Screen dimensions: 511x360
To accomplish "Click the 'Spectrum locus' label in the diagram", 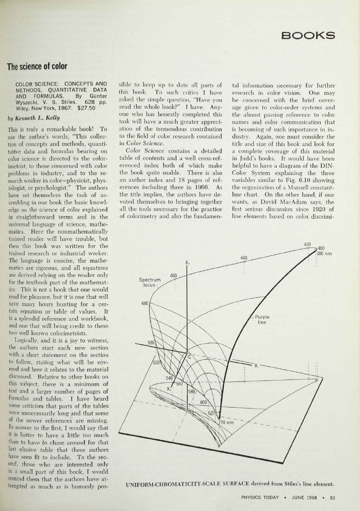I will (150, 282).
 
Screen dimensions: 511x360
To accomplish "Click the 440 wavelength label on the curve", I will (244, 258).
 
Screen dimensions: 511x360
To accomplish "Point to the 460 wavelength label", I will (173, 276).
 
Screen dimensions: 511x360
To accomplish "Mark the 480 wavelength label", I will (145, 303).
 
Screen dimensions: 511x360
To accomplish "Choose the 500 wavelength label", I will (151, 343).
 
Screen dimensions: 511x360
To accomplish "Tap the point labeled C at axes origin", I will (189, 357).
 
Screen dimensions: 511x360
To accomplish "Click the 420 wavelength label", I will (307, 244).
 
